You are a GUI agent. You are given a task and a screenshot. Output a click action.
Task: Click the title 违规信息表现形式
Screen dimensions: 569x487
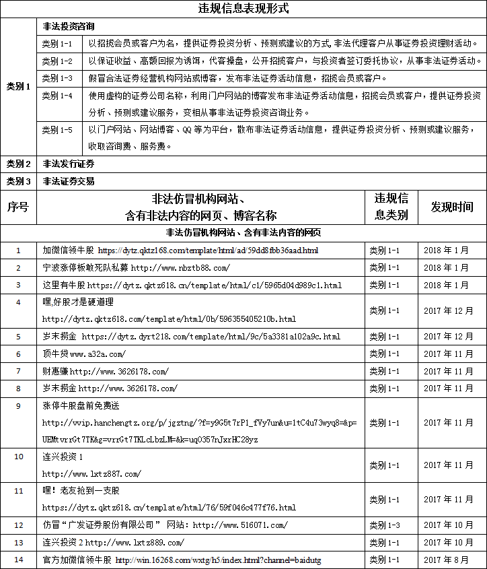click(x=243, y=9)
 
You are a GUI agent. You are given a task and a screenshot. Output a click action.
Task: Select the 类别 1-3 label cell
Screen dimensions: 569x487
click(x=57, y=78)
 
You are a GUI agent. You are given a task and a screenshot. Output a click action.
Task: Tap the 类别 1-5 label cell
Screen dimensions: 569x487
click(x=57, y=130)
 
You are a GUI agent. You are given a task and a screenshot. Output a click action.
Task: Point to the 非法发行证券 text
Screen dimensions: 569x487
click(x=68, y=164)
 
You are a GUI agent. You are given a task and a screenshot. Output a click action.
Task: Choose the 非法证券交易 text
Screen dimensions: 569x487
click(x=68, y=181)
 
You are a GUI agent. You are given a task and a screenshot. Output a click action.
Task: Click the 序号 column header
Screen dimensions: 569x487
click(x=18, y=207)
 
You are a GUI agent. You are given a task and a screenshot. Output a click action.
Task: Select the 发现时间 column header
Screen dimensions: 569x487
click(x=452, y=207)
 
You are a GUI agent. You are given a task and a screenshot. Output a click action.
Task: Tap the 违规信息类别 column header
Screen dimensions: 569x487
click(x=391, y=207)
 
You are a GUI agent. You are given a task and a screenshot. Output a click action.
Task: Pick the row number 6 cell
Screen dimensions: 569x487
click(x=18, y=354)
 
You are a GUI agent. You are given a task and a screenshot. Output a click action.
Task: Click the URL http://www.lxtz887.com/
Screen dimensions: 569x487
click(x=91, y=474)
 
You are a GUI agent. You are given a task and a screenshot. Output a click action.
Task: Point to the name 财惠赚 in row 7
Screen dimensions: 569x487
click(x=55, y=371)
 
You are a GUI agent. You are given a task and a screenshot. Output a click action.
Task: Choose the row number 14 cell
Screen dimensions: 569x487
click(x=18, y=560)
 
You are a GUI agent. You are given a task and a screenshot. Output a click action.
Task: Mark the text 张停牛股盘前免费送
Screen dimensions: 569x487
click(x=81, y=406)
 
